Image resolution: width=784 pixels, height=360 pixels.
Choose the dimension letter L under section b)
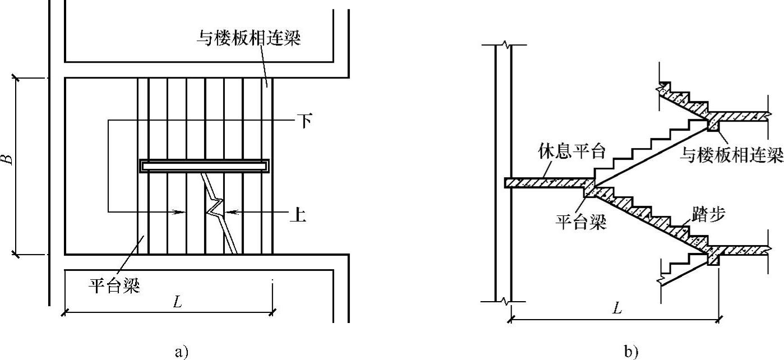coord(617,309)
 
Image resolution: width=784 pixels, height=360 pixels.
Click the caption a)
coord(179,352)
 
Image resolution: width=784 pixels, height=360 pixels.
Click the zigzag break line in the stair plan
coord(214,207)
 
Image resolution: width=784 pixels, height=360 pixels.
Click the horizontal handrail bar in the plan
coord(204,166)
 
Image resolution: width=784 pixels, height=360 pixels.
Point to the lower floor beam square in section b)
coord(713,260)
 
